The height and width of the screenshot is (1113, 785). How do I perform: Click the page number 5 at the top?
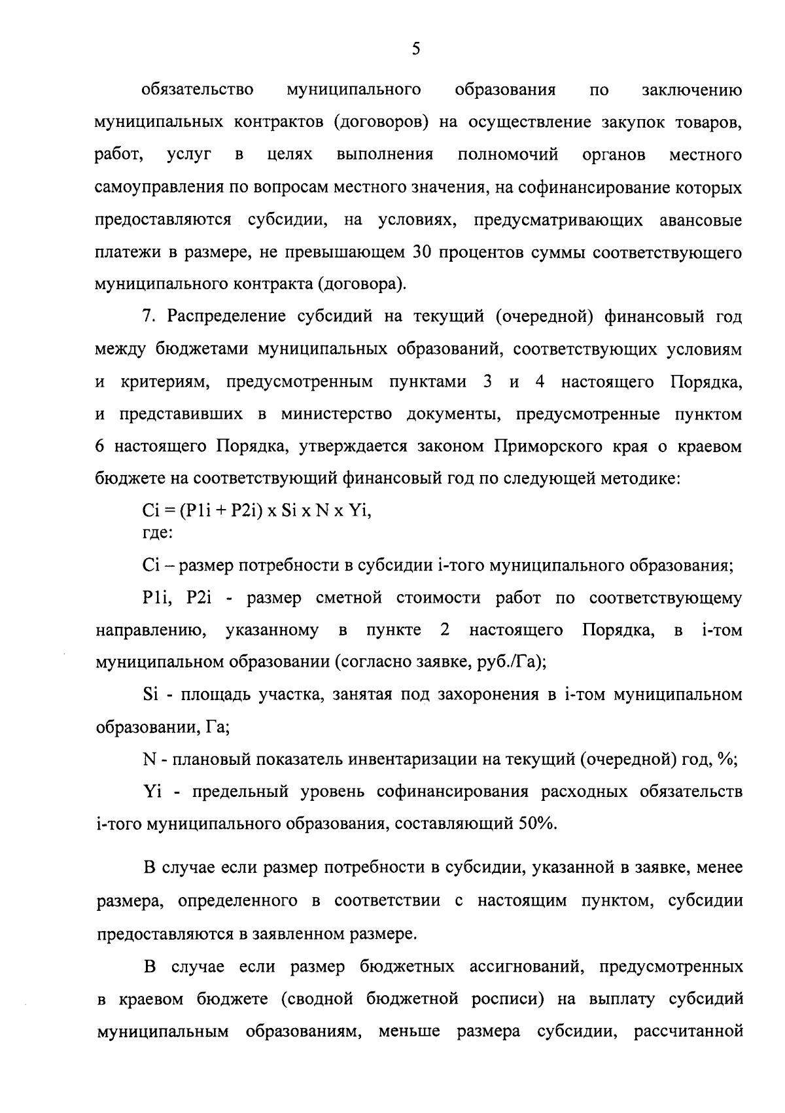tap(415, 49)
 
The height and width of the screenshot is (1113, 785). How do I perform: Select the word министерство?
tap(336, 415)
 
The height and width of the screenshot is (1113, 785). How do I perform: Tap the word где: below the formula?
tap(157, 533)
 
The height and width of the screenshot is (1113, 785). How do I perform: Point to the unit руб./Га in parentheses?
tap(506, 662)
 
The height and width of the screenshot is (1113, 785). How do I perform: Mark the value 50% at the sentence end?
tap(536, 824)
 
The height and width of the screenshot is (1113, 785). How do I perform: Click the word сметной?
tap(349, 598)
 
